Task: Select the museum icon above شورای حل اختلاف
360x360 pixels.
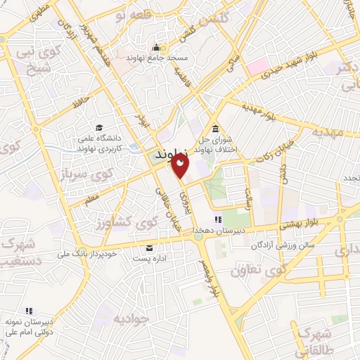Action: coord(215,128)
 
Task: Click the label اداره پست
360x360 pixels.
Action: coord(149,259)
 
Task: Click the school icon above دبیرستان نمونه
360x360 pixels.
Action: coord(29,310)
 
